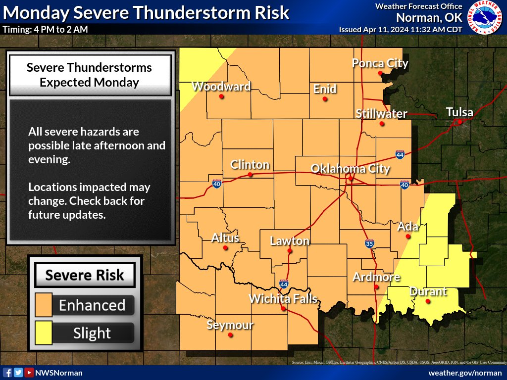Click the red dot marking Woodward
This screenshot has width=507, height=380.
221,96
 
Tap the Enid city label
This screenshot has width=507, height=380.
325,89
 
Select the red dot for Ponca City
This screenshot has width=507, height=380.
380,73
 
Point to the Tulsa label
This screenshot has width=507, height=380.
459,112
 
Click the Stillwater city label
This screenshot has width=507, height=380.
381,114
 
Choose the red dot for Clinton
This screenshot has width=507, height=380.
251,175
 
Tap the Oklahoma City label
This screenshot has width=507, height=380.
350,169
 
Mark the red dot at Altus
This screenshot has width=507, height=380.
225,248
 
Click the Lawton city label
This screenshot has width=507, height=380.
290,241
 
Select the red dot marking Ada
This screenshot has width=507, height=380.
408,237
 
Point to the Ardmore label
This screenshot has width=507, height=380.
376,277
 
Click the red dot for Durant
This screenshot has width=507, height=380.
428,301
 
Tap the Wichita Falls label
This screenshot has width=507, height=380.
282,299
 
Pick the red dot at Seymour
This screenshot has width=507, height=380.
230,335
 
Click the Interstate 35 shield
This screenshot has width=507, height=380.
369,243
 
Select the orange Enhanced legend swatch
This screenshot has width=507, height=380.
44,305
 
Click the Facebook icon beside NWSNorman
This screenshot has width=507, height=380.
7,373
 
